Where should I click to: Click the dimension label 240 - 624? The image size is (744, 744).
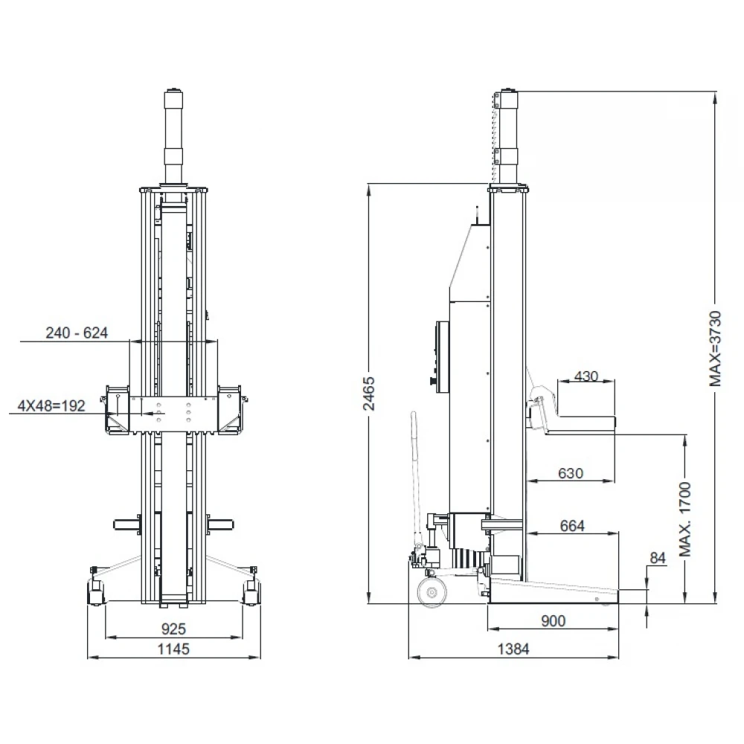point(77,333)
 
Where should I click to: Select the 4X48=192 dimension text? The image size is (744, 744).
point(51,405)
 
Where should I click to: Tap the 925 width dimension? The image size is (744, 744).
point(173,629)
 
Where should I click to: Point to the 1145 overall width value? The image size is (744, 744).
point(173,649)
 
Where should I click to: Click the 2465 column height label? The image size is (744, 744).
point(369,394)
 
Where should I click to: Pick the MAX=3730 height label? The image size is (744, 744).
point(715,348)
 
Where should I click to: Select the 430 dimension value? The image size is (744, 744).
point(586,376)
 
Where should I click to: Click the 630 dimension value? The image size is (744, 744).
point(571,473)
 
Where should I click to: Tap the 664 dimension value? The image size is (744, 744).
point(572,526)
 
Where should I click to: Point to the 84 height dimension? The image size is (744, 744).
point(658,558)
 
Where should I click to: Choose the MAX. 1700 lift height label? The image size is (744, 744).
point(685,519)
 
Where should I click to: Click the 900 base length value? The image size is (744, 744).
point(554,620)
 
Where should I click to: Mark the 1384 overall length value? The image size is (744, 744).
point(513,649)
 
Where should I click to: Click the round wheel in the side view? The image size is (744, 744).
point(432,591)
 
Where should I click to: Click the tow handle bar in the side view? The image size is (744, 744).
point(416,479)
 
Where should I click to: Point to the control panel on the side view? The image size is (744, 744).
point(443,357)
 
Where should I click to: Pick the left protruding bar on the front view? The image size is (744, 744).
point(126,525)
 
